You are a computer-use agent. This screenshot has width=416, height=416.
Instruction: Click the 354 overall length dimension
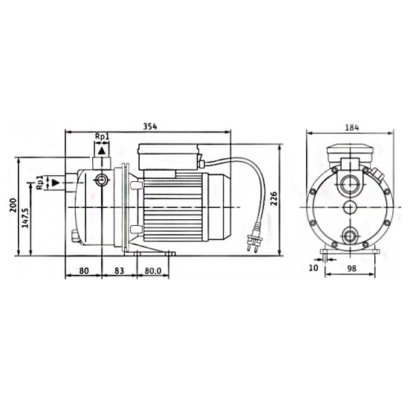[x=150, y=126]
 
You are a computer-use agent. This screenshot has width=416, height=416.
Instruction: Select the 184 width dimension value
[x=352, y=128]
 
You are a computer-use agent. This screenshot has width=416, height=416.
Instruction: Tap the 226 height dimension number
[x=273, y=199]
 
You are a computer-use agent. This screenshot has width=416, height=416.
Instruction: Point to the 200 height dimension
[x=13, y=205]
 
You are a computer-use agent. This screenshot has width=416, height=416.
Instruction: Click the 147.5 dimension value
[x=25, y=218]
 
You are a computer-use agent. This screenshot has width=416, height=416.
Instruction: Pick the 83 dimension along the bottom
[x=119, y=270]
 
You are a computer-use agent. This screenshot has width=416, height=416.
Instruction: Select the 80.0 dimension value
[x=153, y=270]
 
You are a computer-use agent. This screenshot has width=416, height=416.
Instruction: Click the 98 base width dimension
[x=352, y=268]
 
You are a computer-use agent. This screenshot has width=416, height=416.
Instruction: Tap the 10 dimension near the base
[x=313, y=268]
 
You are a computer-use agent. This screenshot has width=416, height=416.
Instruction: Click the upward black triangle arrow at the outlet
[x=102, y=151]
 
